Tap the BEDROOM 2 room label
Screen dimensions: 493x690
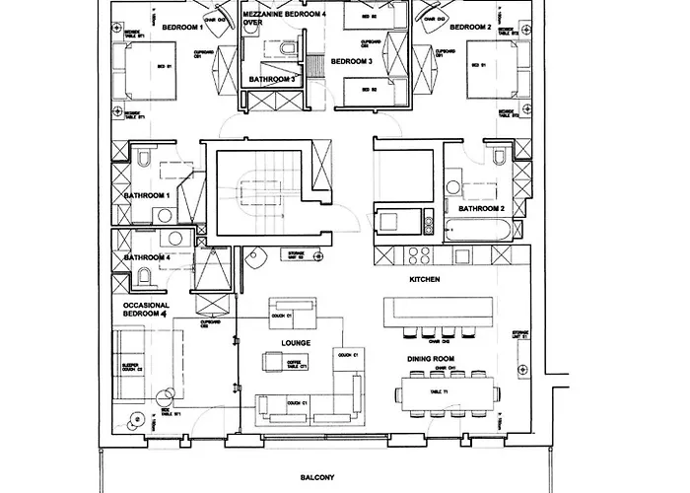click(469, 28)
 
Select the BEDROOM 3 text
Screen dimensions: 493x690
click(350, 61)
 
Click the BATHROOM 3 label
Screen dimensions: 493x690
click(272, 78)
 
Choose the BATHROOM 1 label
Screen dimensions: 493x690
click(147, 195)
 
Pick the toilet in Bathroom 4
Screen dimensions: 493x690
click(144, 275)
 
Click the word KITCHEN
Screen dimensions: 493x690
click(424, 281)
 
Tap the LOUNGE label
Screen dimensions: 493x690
click(296, 343)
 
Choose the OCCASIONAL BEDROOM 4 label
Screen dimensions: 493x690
click(147, 313)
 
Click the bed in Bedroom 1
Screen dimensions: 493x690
click(148, 68)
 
